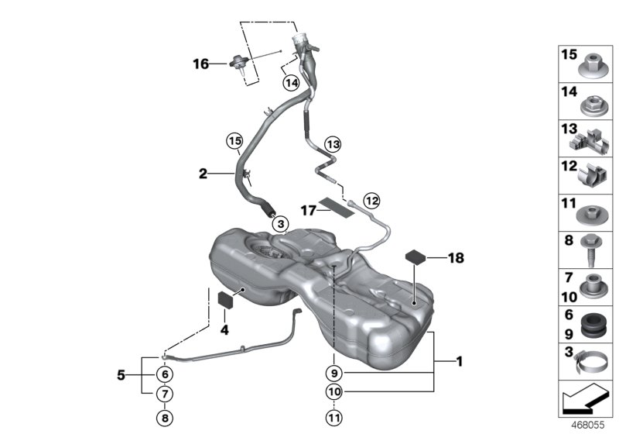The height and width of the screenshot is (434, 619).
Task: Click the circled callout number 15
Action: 234,141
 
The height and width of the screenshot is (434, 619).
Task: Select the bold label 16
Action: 200,64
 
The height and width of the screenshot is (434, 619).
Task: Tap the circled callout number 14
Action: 290,82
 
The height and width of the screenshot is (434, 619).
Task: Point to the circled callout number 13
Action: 332,144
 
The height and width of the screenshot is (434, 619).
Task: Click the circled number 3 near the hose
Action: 279,223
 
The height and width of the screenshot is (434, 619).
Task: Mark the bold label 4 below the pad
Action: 225,329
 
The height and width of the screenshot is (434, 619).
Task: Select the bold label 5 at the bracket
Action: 121,375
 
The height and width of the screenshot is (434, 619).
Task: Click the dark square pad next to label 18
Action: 417,257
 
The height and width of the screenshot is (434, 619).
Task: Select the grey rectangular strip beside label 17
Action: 336,205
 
